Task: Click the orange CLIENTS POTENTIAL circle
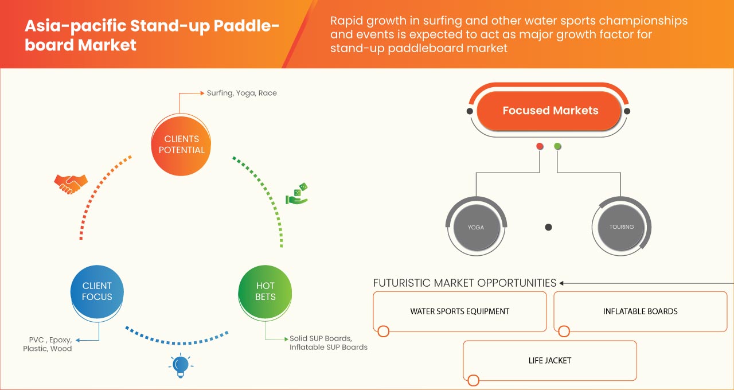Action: pyautogui.click(x=181, y=144)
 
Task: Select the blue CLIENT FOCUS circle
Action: pyautogui.click(x=97, y=291)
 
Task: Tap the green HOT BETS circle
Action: pyautogui.click(x=265, y=291)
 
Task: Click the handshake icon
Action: pyautogui.click(x=71, y=184)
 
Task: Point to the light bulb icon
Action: pyautogui.click(x=181, y=365)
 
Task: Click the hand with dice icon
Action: pyautogui.click(x=297, y=194)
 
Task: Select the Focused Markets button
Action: pyautogui.click(x=550, y=111)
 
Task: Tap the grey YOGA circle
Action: pyautogui.click(x=475, y=227)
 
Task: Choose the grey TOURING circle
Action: pyautogui.click(x=622, y=227)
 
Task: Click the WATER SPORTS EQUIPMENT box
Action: pyautogui.click(x=459, y=311)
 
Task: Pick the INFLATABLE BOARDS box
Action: pyautogui.click(x=640, y=311)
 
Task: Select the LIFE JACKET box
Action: pyautogui.click(x=549, y=361)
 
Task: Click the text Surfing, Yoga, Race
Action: pyautogui.click(x=241, y=93)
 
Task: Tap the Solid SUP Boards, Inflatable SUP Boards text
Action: pyautogui.click(x=328, y=343)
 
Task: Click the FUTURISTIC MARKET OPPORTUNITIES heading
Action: pyautogui.click(x=464, y=283)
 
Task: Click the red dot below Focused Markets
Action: pyautogui.click(x=540, y=147)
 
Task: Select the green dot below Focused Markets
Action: pyautogui.click(x=557, y=147)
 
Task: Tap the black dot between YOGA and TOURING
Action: pyautogui.click(x=548, y=228)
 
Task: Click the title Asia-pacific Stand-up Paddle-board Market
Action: pyautogui.click(x=152, y=36)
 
